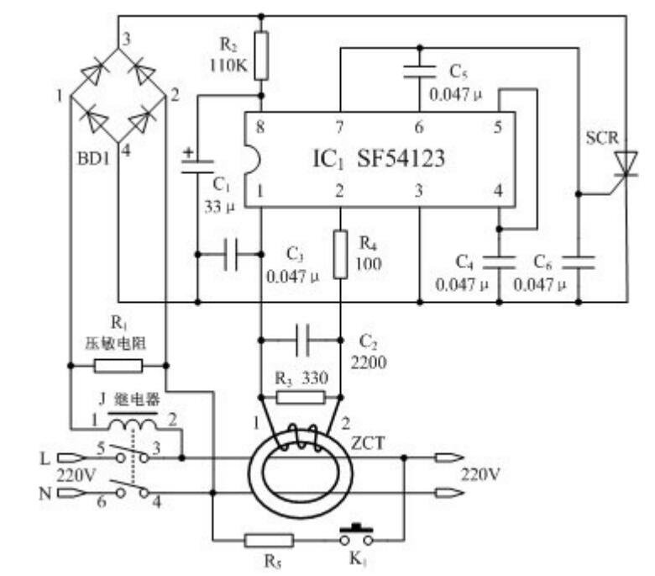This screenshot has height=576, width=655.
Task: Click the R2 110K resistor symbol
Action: [261, 55]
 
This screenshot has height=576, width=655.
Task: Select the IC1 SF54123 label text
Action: [379, 159]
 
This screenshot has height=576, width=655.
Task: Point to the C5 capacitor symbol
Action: [420, 71]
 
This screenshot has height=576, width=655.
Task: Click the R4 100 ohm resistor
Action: [340, 254]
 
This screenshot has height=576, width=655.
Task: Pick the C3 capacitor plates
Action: [231, 254]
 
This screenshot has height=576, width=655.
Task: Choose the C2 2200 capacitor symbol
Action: [301, 340]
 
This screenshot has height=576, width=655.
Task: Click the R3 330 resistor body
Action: [301, 398]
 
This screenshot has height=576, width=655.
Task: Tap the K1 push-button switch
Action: [356, 535]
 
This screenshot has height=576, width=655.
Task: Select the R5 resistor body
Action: [269, 541]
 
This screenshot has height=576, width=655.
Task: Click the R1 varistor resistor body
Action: [118, 366]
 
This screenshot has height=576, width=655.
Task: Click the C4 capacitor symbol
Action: [499, 262]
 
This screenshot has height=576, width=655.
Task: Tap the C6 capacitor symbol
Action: [579, 262]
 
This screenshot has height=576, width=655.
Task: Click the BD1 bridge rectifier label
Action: [93, 159]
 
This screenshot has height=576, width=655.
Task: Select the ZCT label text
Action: [368, 443]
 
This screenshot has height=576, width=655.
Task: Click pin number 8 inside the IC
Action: [260, 126]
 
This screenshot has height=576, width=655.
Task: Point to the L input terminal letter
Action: [45, 458]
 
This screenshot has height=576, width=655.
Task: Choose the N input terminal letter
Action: [45, 494]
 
